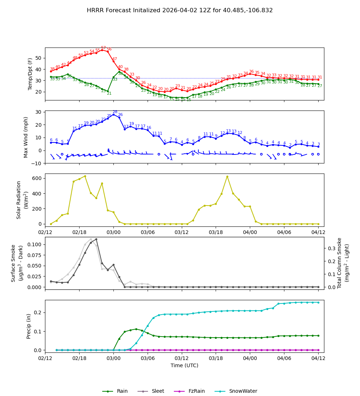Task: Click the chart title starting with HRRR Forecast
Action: pyautogui.click(x=180, y=10)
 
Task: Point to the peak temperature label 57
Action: pyautogui.click(x=103, y=48)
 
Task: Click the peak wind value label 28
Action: pyautogui.click(x=115, y=112)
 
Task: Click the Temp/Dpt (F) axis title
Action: pyautogui.click(x=30, y=74)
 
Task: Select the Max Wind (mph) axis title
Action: pyautogui.click(x=26, y=137)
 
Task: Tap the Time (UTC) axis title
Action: pyautogui.click(x=184, y=365)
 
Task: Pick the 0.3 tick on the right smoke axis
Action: pyautogui.click(x=330, y=248)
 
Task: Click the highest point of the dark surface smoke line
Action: pyautogui.click(x=96, y=239)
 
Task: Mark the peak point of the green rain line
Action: pyautogui.click(x=136, y=329)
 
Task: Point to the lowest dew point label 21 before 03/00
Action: pyautogui.click(x=109, y=94)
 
